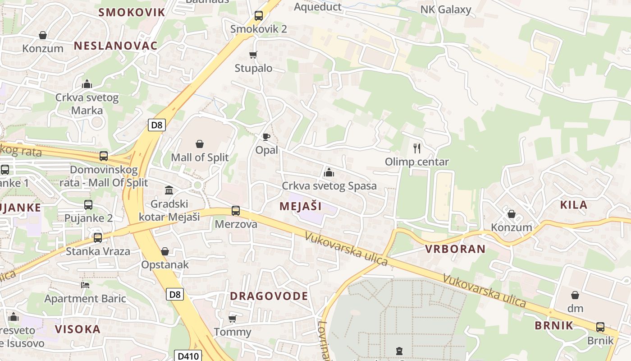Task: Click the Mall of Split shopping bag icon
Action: click(200, 144)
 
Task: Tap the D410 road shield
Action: click(188, 356)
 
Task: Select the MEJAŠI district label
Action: click(301, 206)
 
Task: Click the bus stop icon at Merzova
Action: click(236, 210)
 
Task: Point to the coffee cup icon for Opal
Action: click(266, 136)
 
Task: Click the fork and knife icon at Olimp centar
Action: click(417, 148)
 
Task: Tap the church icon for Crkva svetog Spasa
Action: click(329, 172)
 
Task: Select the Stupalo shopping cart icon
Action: click(253, 55)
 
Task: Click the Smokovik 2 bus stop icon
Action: click(259, 16)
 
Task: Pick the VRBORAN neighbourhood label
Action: click(455, 249)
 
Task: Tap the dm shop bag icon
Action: click(575, 295)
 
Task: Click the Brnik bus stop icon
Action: click(600, 327)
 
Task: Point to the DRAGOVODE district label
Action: click(269, 296)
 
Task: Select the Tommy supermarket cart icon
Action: click(233, 319)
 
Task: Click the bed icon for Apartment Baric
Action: click(85, 285)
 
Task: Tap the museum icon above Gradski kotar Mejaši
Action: click(169, 190)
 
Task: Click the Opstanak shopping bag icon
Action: click(165, 251)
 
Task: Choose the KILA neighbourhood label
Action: click(573, 204)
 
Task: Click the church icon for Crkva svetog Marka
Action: click(87, 84)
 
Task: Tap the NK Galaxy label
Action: click(445, 9)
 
